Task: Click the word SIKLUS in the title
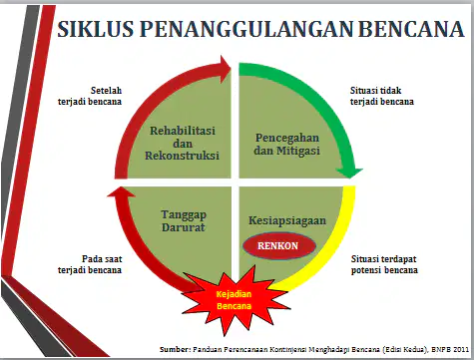[x=95, y=29]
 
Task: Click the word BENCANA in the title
[x=411, y=29]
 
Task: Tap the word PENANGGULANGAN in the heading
[x=246, y=29]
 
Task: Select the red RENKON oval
[x=279, y=246]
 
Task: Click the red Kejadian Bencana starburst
[x=235, y=299]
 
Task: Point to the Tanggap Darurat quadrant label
[x=184, y=221]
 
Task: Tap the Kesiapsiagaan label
[x=287, y=220]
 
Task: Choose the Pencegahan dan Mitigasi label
[x=287, y=144]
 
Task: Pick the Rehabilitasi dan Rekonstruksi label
[x=183, y=143]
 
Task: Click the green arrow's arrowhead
[x=349, y=173]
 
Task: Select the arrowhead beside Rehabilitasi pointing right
[x=226, y=69]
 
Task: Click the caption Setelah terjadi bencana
[x=90, y=96]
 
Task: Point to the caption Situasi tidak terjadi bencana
[x=382, y=96]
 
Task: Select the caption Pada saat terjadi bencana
[x=90, y=264]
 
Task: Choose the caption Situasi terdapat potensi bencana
[x=384, y=264]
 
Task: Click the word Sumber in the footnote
[x=175, y=349]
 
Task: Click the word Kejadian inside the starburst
[x=234, y=294]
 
